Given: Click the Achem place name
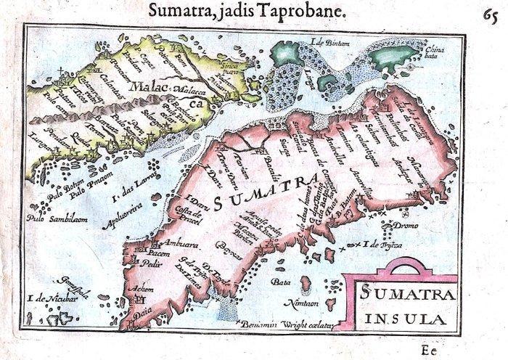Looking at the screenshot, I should click(x=139, y=288).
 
